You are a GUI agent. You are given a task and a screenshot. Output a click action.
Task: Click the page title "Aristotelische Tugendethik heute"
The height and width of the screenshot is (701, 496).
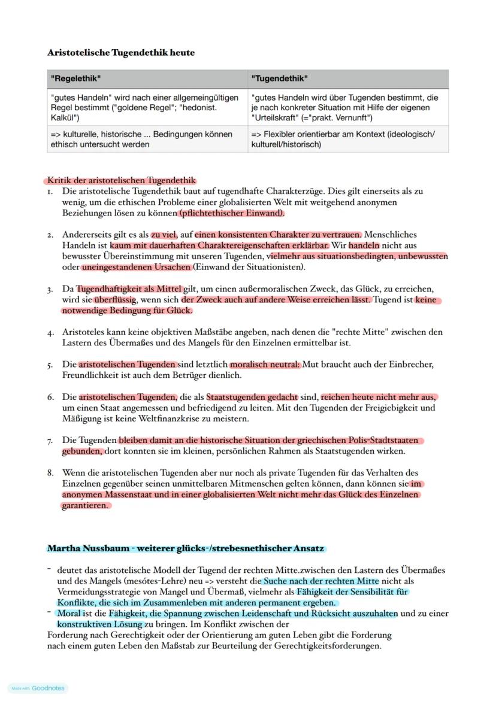coord(121,53)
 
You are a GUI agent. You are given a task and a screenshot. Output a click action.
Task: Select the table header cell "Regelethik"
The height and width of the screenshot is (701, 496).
coord(76,78)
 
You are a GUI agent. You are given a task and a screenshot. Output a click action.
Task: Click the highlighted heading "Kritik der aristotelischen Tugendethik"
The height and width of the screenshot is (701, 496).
coord(120,180)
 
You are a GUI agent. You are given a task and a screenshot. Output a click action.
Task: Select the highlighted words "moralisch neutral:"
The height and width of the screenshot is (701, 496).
coord(265,364)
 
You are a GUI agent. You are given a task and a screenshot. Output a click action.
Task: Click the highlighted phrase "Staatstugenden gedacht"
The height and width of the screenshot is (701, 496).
coord(252,397)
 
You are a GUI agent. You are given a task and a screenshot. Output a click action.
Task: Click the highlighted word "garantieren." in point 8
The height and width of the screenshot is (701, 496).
coord(86,505)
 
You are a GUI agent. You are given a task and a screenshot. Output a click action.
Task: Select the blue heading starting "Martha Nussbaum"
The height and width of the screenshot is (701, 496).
coord(186,548)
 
